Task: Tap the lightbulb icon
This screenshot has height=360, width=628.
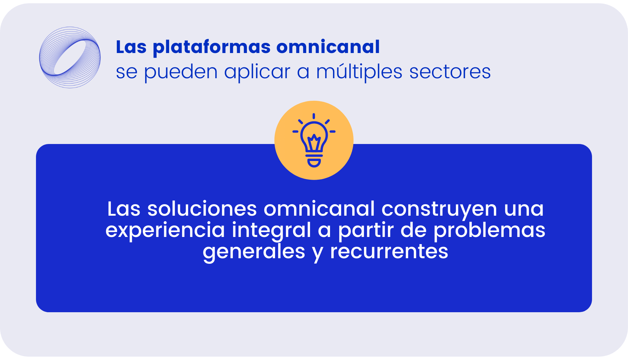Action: pos(314,140)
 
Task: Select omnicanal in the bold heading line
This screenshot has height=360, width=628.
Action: pos(328,46)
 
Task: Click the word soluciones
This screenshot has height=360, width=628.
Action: pos(202,209)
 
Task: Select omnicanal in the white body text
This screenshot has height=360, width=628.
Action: pos(319,209)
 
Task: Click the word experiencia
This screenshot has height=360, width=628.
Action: pos(165,230)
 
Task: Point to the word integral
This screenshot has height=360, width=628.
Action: pos(271,230)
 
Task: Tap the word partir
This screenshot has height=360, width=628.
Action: pos(366,230)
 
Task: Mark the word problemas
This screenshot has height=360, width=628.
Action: pos(489,230)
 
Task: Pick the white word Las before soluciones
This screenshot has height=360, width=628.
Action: pos(124,209)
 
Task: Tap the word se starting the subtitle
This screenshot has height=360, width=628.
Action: pos(127,73)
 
